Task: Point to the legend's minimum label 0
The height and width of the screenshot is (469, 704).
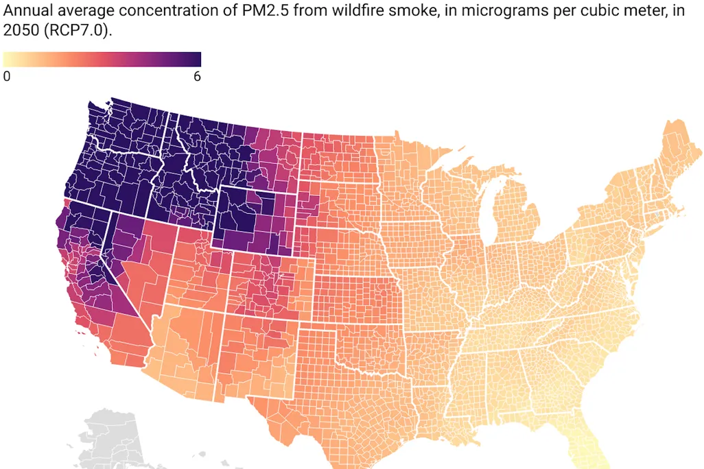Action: coord(7,77)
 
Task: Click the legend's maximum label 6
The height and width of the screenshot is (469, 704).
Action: coord(197,77)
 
